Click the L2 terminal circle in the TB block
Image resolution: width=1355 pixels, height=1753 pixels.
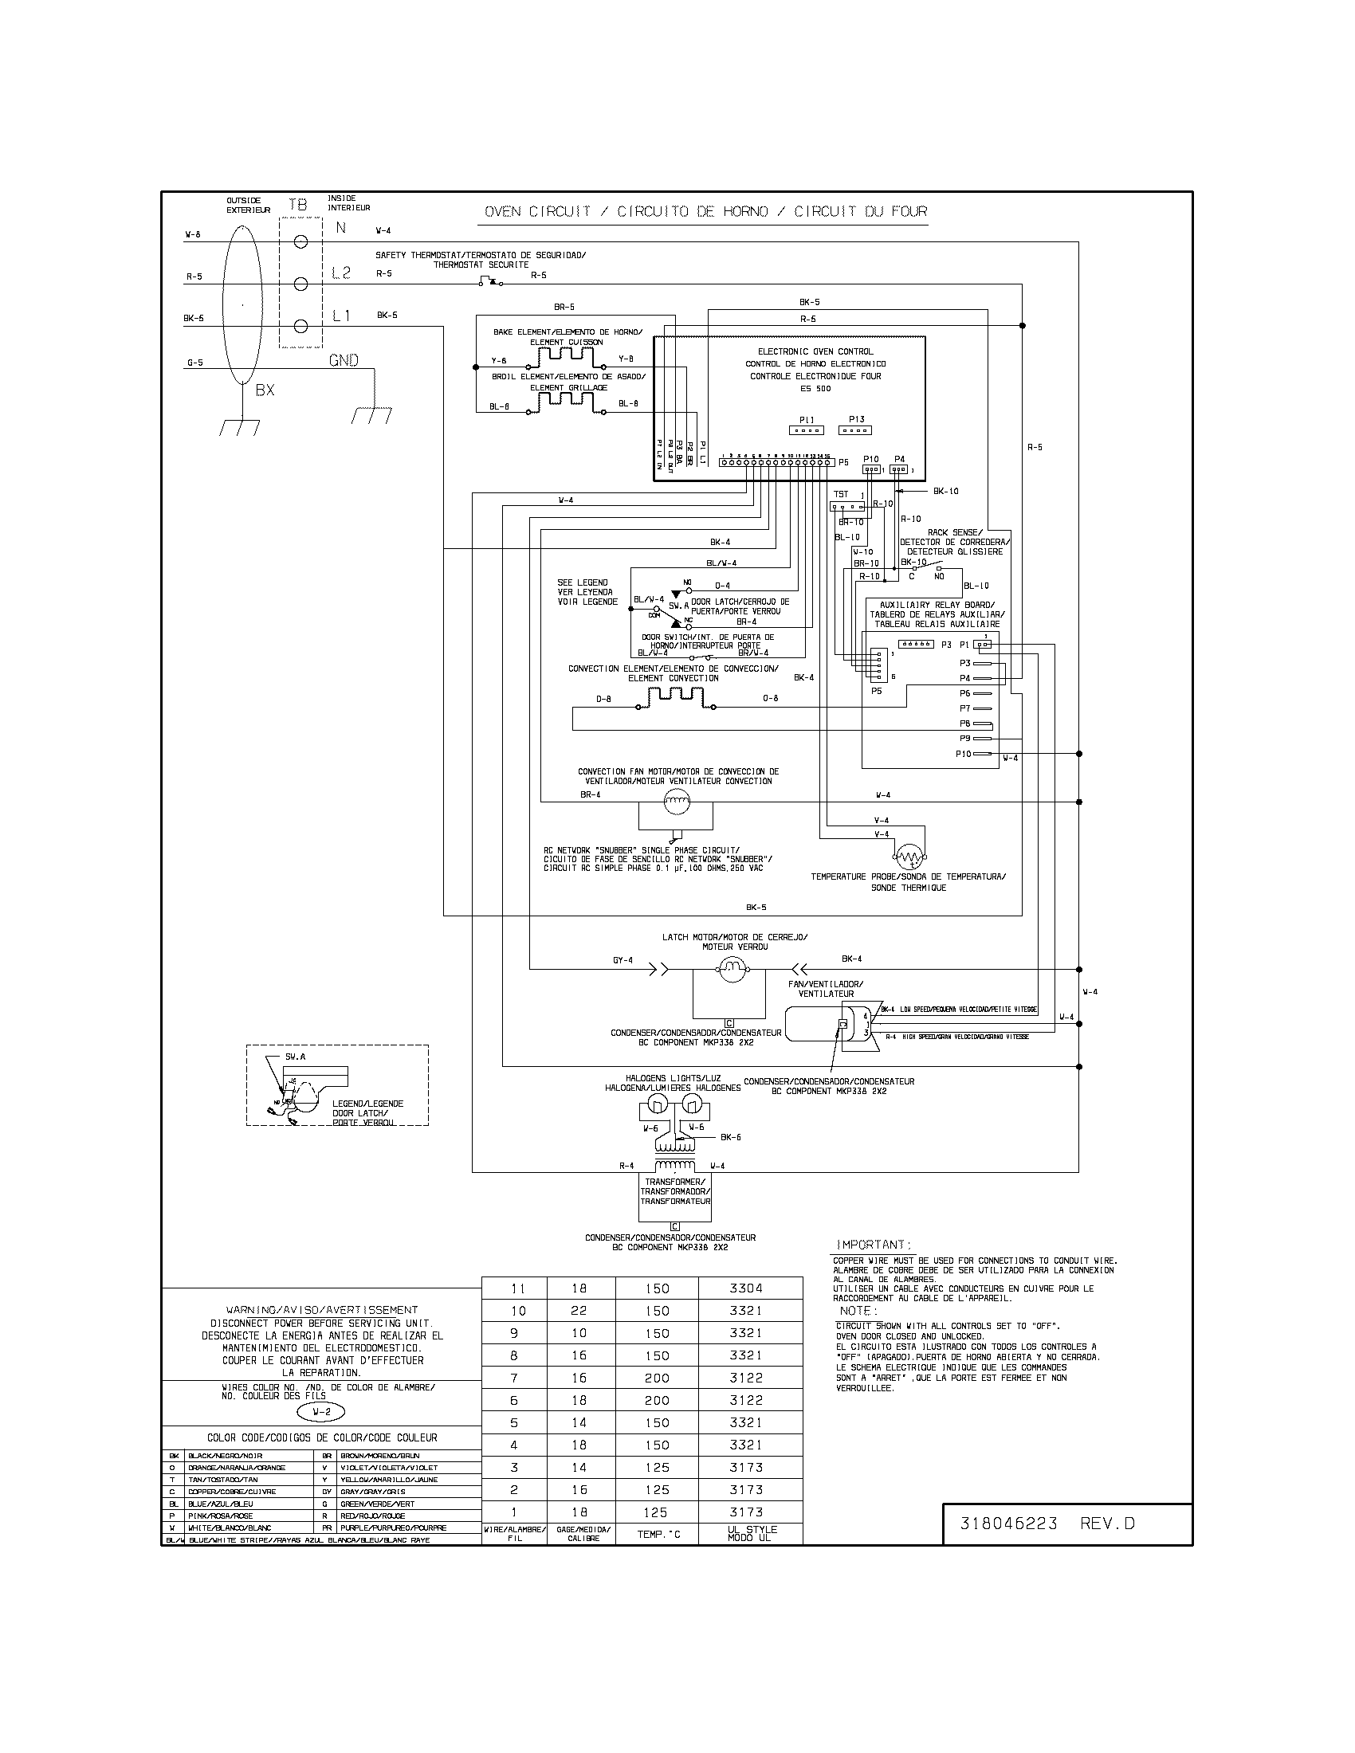pyautogui.click(x=301, y=284)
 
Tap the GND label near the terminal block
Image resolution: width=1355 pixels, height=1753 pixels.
pyautogui.click(x=344, y=360)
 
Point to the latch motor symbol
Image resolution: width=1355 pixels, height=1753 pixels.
pyautogui.click(x=731, y=971)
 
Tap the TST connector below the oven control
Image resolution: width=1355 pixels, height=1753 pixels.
pyautogui.click(x=846, y=507)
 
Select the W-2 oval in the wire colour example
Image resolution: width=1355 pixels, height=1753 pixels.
pyautogui.click(x=321, y=1412)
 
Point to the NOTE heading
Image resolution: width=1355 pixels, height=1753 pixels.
pyautogui.click(x=855, y=1310)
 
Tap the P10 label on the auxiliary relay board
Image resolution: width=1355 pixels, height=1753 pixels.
pyautogui.click(x=964, y=754)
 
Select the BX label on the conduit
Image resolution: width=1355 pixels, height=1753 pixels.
pyautogui.click(x=265, y=390)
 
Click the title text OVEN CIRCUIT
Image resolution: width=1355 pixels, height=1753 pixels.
pyautogui.click(x=537, y=212)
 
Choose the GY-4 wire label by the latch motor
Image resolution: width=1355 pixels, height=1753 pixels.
pyautogui.click(x=623, y=960)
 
